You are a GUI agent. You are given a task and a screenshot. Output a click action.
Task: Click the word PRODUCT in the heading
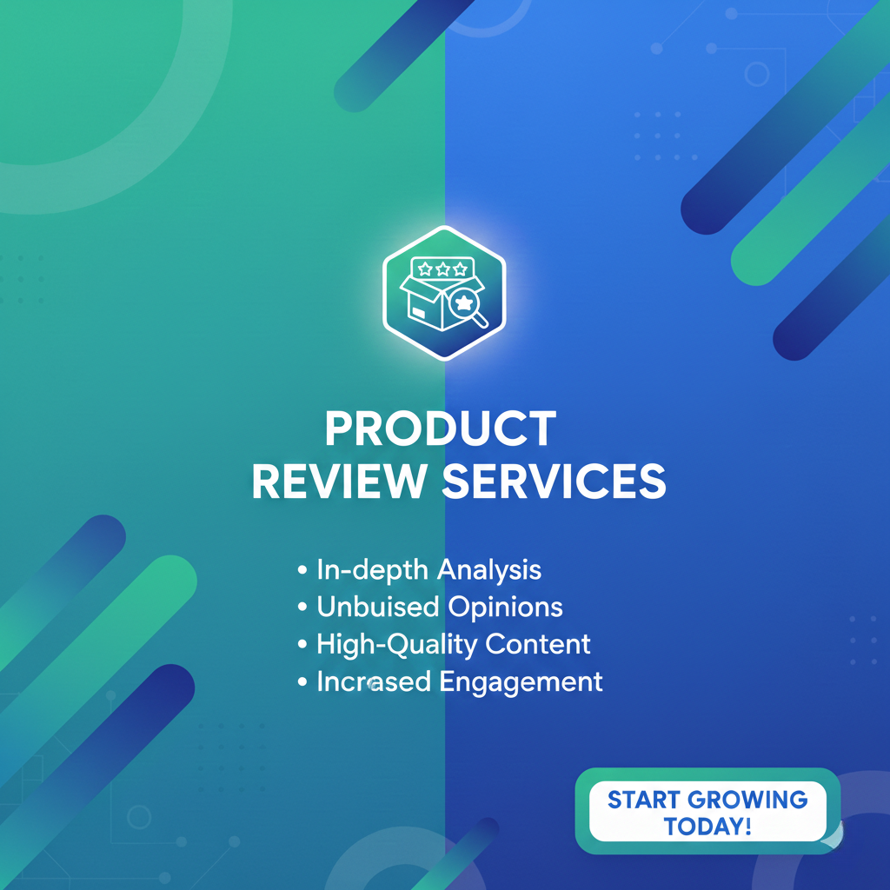click(440, 429)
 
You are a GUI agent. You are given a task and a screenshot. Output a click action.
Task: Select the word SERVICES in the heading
click(554, 482)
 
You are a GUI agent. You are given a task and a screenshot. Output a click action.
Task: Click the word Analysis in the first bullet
click(489, 570)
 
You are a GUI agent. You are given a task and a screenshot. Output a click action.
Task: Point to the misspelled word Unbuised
click(377, 607)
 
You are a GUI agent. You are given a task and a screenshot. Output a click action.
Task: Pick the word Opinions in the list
click(505, 607)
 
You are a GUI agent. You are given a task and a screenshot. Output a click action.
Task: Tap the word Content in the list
click(538, 644)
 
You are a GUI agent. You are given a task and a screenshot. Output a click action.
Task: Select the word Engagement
click(521, 681)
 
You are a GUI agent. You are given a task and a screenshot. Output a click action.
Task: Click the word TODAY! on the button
click(707, 825)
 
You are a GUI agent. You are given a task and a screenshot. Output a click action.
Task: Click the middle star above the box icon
click(442, 269)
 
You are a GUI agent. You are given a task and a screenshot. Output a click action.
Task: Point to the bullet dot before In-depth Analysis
click(302, 571)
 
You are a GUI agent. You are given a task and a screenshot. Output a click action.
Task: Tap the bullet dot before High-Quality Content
click(302, 645)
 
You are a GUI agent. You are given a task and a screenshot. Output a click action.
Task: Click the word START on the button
click(644, 799)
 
